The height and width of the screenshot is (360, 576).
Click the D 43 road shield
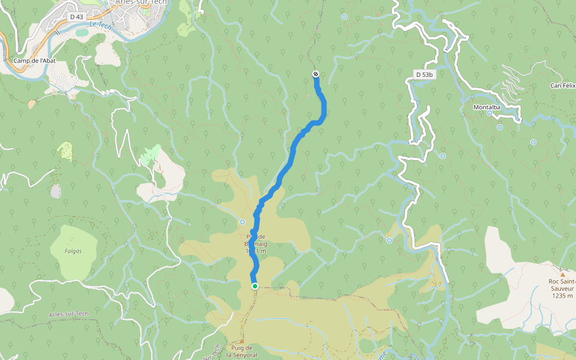76,17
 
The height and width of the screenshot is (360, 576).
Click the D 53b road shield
424,74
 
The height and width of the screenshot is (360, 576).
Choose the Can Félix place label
563,86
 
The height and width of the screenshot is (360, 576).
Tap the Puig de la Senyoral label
242,351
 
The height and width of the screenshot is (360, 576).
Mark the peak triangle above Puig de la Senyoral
242,341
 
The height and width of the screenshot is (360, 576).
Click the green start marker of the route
255,286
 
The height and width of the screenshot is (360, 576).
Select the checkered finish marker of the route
316,74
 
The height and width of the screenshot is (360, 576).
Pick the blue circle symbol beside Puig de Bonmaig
242,222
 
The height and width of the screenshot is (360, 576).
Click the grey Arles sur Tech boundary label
69,314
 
